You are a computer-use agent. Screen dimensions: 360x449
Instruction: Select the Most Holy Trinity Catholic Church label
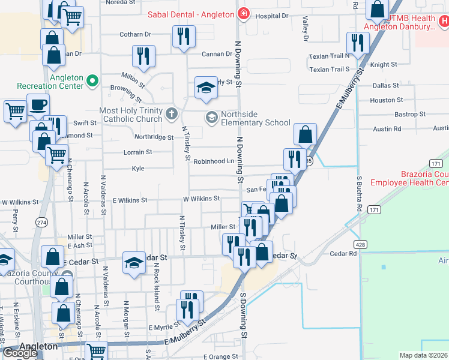131,115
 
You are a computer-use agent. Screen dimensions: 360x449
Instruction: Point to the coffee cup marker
38,104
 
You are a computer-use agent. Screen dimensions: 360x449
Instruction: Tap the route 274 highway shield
41,222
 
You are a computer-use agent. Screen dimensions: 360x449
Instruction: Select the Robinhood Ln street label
213,161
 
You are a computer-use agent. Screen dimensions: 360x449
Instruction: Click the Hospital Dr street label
272,16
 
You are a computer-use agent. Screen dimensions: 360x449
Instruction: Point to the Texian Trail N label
330,56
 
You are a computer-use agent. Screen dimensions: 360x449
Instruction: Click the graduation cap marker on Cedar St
134,262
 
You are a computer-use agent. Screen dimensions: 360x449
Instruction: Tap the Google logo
20,352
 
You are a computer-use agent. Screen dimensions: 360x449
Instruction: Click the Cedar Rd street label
343,254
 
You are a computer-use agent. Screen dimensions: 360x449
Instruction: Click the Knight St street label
384,64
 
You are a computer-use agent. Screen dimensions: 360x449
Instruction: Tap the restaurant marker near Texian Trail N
358,43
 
